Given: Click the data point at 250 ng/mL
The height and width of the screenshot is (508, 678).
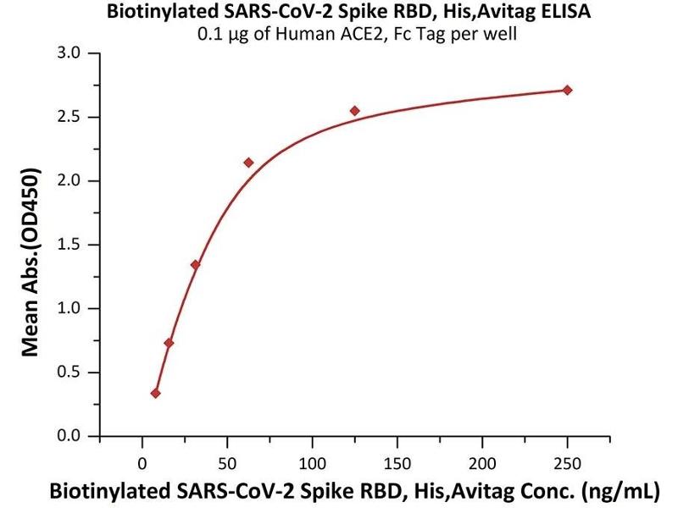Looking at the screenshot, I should point(568,90).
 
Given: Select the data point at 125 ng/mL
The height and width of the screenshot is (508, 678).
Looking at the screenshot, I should point(355,111).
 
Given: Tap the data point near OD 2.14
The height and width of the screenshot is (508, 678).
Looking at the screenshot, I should point(248,163).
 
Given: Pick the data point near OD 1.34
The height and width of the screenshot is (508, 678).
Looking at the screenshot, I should point(196,265).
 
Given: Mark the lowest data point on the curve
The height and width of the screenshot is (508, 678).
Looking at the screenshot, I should point(156,393).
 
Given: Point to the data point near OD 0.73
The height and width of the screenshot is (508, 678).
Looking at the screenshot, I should point(169,343).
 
